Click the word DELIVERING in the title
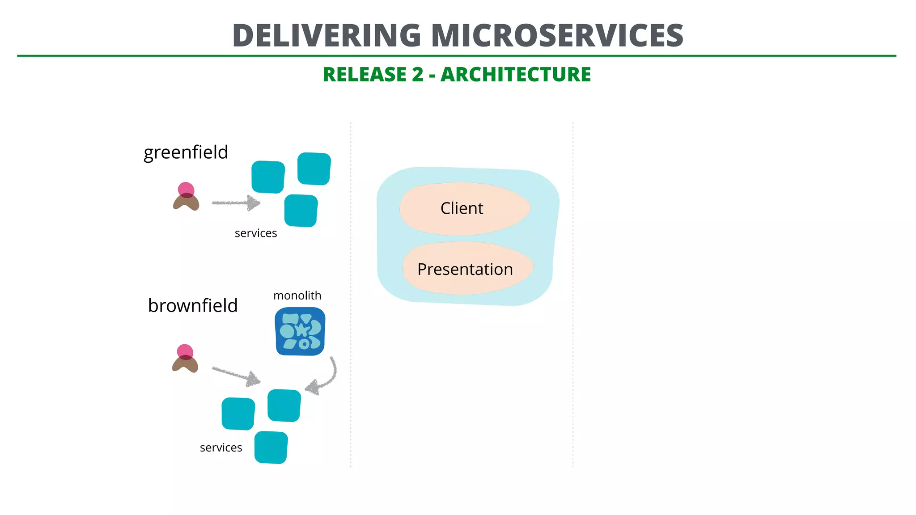327,36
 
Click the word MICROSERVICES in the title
557,36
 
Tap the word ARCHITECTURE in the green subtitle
516,75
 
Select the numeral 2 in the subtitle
417,75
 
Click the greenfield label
186,152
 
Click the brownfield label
193,306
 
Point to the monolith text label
297,295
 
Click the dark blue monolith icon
300,331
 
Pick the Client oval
465,209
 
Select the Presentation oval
467,269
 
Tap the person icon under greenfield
186,197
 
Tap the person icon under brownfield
185,359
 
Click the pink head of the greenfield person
186,189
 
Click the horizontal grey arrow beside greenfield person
236,203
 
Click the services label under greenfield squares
256,233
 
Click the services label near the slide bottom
221,447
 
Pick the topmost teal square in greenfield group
314,169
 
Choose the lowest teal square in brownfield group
271,447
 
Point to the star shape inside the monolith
302,330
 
